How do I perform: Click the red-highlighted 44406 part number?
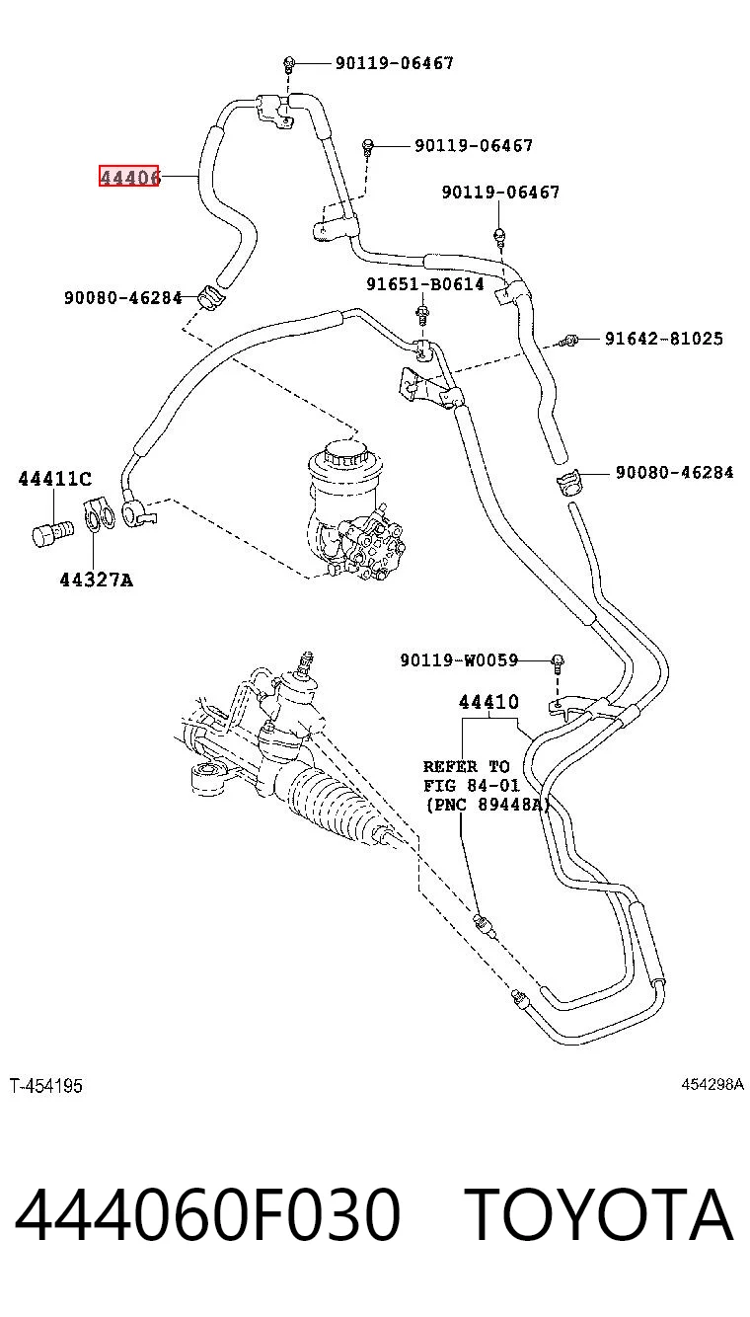[128, 176]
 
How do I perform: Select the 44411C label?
[55, 479]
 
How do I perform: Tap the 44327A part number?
[97, 581]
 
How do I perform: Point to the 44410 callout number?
[489, 702]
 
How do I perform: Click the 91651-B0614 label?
[425, 284]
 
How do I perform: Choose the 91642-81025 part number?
[664, 338]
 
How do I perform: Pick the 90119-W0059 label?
[459, 659]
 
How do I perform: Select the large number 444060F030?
[207, 1215]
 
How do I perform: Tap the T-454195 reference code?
[45, 1086]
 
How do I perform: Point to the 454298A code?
[712, 1084]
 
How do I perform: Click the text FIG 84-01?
[472, 786]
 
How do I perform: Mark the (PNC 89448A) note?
[487, 805]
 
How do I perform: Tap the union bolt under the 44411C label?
[52, 533]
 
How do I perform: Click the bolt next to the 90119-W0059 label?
[558, 662]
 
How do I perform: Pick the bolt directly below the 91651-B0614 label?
[421, 314]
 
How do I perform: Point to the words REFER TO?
[467, 767]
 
